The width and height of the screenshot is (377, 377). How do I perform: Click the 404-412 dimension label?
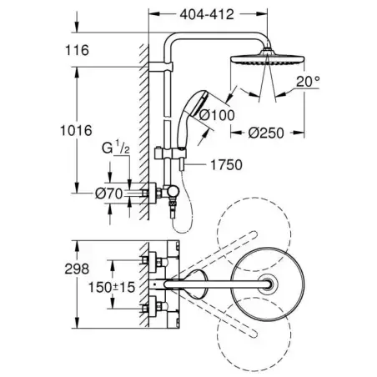204,13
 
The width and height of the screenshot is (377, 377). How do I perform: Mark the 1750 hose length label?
225,164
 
